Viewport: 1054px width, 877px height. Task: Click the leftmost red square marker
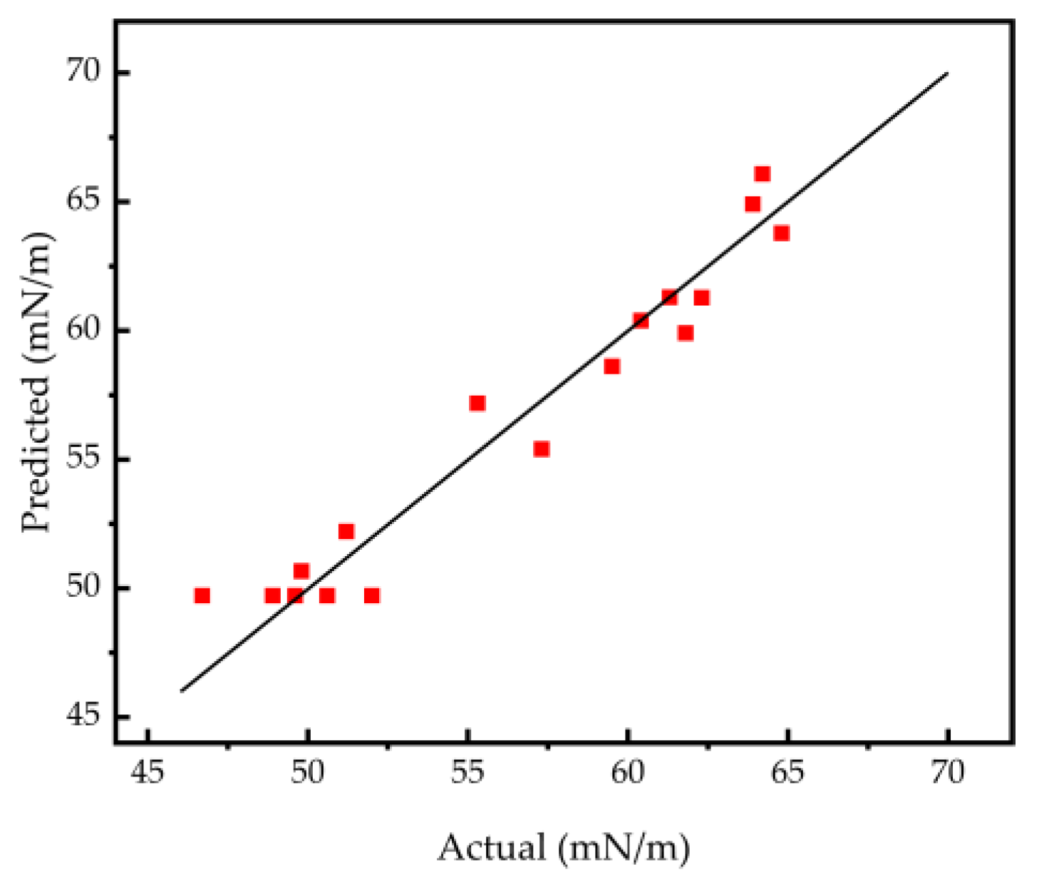202,595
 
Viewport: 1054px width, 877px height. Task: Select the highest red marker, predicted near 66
763,174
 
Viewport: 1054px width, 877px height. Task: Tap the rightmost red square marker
782,233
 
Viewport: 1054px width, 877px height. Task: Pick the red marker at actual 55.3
477,404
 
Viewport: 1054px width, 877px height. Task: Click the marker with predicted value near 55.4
542,449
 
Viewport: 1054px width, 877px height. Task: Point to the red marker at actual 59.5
612,366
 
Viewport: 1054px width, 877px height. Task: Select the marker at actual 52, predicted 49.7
372,595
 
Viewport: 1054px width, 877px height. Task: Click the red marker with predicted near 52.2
346,531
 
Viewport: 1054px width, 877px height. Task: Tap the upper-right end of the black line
948,73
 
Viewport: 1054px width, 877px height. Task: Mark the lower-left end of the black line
182,690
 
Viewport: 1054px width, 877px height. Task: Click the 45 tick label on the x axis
148,773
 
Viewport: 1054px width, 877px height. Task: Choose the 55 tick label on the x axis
467,773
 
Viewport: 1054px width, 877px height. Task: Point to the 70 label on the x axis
948,773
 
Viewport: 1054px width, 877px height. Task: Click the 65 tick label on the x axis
787,773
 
